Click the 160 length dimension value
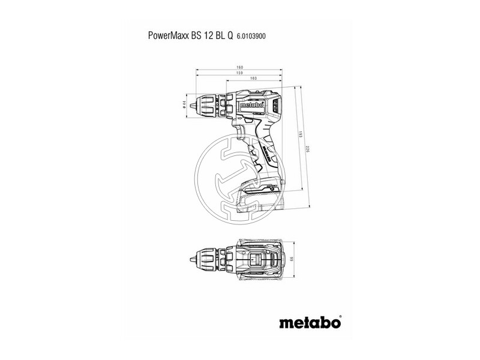click(x=240, y=68)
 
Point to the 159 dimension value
click(x=240, y=74)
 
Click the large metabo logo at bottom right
click(x=311, y=322)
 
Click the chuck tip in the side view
click(x=193, y=105)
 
